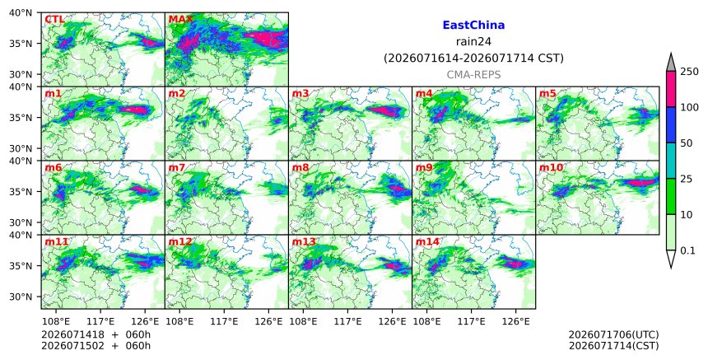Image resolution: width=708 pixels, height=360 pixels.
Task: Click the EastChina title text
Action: pos(473,26)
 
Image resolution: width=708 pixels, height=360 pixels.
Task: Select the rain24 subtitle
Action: pos(473,41)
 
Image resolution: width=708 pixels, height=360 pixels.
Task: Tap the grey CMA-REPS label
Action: pos(473,75)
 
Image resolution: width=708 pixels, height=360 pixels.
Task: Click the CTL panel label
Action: pos(54,20)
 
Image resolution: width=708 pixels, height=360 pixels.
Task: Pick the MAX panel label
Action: pos(180,20)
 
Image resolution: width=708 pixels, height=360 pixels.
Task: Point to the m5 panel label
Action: pos(547,93)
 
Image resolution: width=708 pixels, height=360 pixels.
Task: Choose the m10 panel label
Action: pos(551,167)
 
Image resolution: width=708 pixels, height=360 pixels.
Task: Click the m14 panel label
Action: pos(427,241)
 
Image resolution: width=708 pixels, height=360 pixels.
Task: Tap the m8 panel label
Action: pos(300,167)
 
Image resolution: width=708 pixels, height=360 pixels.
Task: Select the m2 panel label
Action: pos(176,93)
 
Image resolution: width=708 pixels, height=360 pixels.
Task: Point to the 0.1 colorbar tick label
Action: pos(687,250)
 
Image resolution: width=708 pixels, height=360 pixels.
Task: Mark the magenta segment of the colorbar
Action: pos(671,89)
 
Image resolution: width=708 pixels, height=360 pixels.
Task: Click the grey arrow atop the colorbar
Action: pos(671,63)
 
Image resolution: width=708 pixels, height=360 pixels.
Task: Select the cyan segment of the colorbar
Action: pos(671,161)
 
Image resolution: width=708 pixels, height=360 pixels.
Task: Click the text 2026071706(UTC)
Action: pos(613,334)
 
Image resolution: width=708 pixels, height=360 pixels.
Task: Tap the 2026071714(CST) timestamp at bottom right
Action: pos(613,346)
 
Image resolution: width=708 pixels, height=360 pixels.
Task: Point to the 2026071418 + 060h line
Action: pos(95,334)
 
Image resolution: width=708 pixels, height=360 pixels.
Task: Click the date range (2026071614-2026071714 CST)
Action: pos(473,58)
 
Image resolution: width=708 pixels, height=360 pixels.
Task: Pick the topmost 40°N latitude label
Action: pos(21,12)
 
